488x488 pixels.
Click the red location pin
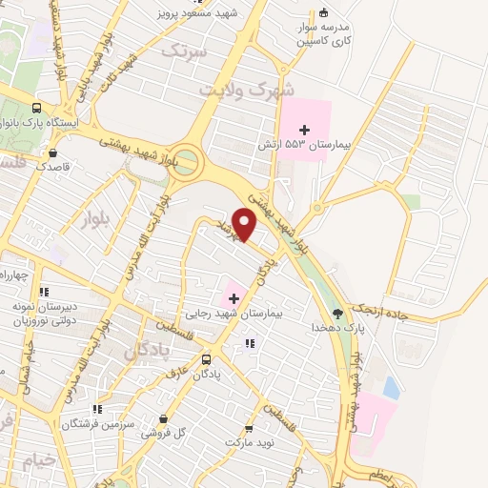[245, 224]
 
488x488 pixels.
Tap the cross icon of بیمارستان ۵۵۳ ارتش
[304, 130]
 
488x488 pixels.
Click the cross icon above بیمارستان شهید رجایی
[234, 298]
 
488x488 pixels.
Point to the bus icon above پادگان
[207, 359]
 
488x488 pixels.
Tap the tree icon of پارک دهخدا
[336, 312]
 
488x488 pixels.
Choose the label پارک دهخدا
[338, 327]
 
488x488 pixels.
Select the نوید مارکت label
[249, 443]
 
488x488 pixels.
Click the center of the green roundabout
[186, 161]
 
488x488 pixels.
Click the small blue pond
[391, 388]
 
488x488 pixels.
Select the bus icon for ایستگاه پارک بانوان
[36, 109]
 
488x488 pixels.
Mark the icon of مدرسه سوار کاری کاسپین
[324, 13]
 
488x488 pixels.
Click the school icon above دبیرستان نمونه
[43, 292]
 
